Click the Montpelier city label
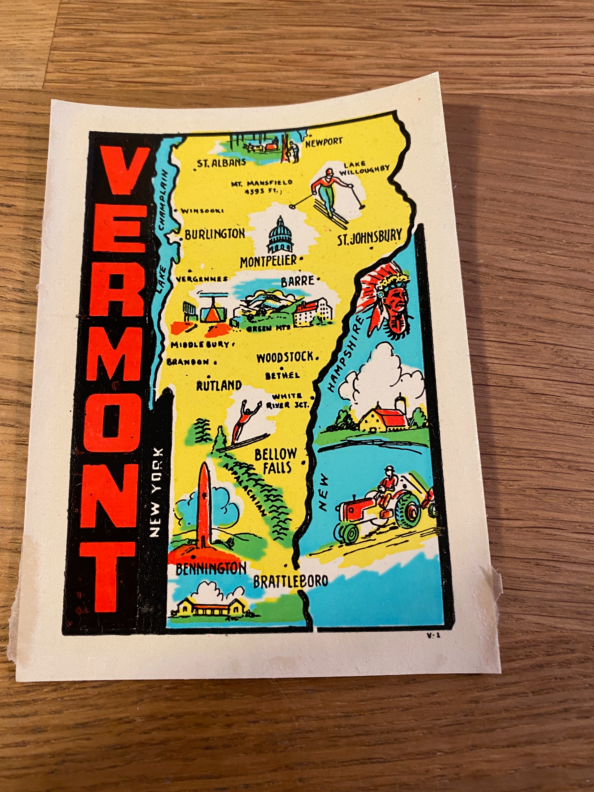pos(268,261)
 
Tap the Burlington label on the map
pos(214,234)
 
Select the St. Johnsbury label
pos(370,238)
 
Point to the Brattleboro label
pos(290,581)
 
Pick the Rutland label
pos(219,386)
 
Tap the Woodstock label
pos(285,358)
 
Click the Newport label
pos(324,142)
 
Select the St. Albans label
pos(221,163)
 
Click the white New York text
pos(155,492)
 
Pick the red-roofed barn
pos(382,417)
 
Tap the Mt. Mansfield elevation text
pos(262,187)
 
